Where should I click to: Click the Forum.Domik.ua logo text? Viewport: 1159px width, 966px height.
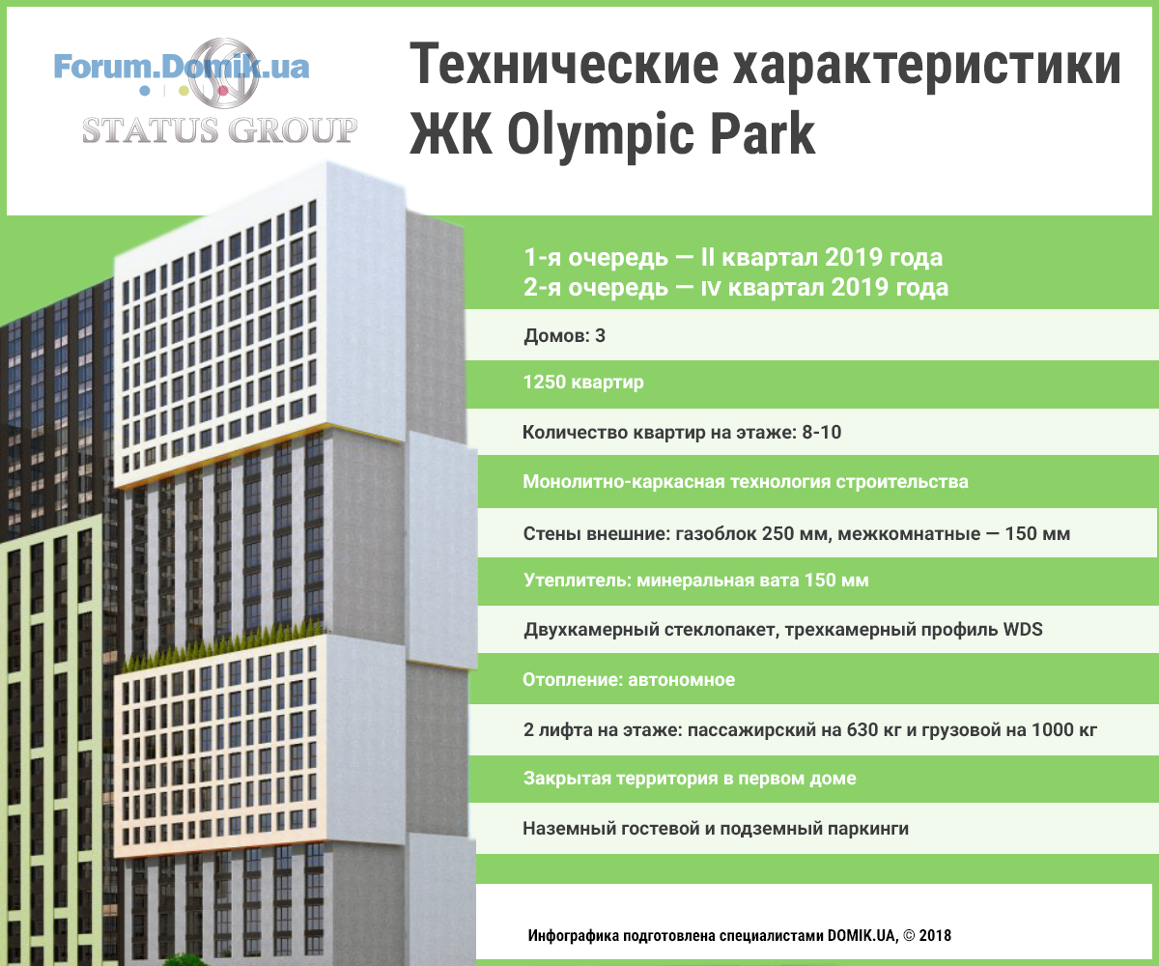(182, 68)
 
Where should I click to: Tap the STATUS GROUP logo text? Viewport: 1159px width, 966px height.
(220, 129)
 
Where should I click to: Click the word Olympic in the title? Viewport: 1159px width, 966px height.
(600, 136)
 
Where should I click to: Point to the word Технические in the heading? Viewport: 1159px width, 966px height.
(564, 65)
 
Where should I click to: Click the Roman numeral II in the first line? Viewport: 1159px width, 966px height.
(708, 258)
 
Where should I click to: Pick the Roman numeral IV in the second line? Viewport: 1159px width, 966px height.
(711, 289)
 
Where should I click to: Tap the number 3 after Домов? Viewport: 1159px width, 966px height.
(600, 335)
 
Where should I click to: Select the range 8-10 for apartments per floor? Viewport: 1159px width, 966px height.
(822, 432)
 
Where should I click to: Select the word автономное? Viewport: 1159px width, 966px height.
(681, 679)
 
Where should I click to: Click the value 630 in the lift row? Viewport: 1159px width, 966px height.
(862, 729)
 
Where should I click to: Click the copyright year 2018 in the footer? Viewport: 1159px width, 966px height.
(935, 935)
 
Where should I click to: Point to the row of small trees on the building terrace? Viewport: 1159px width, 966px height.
(222, 645)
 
